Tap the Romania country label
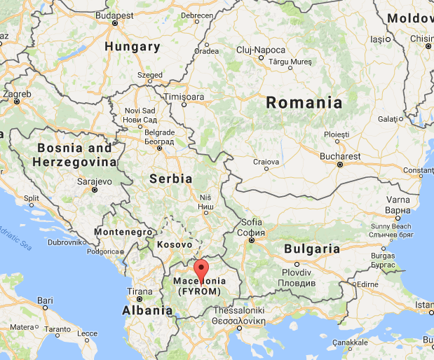pos(304,103)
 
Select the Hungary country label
pos(132,47)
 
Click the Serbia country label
pos(170,179)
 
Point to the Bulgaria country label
pos(312,249)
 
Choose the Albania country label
pos(147,310)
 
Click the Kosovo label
pos(174,244)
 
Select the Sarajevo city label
pos(94,181)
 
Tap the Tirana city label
pos(140,291)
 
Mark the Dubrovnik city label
pos(67,242)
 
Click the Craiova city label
pos(266,161)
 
